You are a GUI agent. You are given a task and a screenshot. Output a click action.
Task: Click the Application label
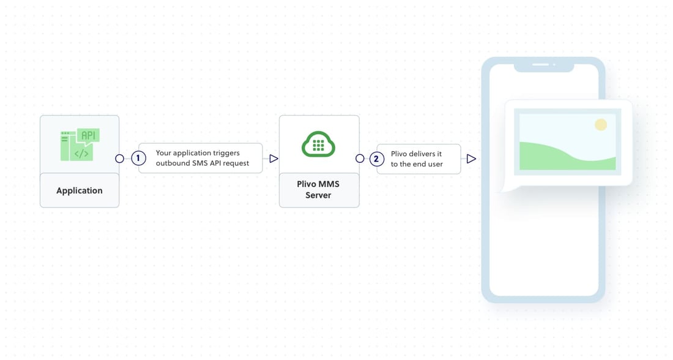tap(80, 190)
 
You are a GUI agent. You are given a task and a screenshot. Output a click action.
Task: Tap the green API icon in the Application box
tap(80, 144)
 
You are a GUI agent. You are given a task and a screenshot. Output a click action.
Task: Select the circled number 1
tap(138, 159)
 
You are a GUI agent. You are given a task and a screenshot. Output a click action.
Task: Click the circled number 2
tap(376, 159)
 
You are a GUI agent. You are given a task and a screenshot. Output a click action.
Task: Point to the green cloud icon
tap(319, 144)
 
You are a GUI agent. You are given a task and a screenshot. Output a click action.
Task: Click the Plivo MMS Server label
tap(319, 189)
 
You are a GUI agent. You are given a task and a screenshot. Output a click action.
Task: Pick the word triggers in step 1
tap(226, 153)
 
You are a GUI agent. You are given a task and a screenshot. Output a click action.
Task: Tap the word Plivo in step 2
tap(399, 154)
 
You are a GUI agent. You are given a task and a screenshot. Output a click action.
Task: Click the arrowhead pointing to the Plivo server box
tap(274, 159)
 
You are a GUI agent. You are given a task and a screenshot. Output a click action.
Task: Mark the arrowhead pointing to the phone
tap(471, 159)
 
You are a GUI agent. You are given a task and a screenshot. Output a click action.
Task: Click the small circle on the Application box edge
tap(120, 159)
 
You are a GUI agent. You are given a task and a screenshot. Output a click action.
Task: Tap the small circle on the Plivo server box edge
tap(360, 159)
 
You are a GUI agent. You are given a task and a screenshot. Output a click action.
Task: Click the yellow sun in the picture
tap(601, 124)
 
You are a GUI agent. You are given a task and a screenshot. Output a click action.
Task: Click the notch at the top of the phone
tap(544, 67)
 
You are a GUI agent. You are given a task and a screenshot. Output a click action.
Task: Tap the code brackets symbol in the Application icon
tap(81, 153)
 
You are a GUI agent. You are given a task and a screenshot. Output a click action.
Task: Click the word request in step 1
tap(236, 163)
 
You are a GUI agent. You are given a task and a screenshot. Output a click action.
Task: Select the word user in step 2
tap(434, 164)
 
